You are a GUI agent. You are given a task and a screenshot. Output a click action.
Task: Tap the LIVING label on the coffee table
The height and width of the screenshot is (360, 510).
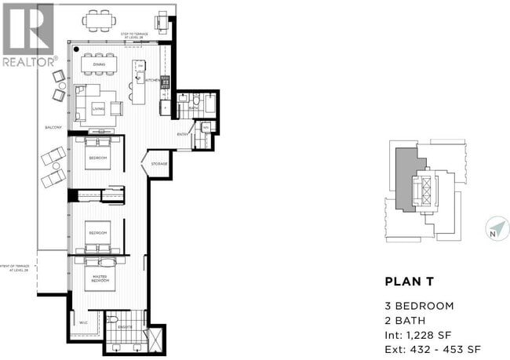[x=98, y=109]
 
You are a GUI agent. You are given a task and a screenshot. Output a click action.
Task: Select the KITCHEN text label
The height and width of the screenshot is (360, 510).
[x=154, y=80]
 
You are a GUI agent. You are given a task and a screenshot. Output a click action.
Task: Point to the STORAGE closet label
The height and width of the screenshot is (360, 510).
[x=159, y=164]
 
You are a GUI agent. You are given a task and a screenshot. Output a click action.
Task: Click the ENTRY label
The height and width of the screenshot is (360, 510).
[x=183, y=134]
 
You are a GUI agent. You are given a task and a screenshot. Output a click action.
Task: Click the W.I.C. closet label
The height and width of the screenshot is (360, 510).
[x=84, y=321]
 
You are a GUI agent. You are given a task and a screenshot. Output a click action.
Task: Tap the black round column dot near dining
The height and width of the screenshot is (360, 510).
[x=75, y=49]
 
